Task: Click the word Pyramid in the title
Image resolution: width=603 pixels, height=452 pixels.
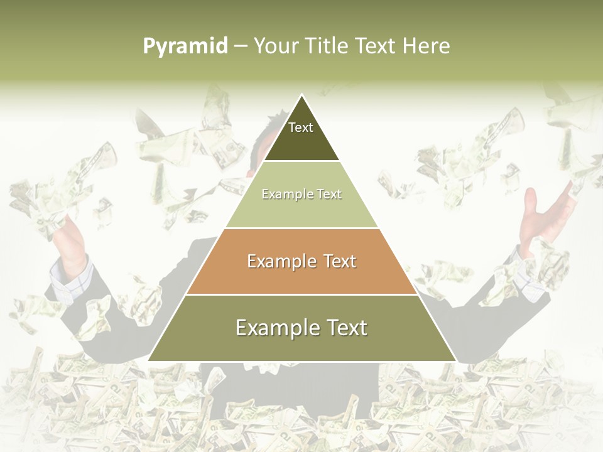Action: (x=185, y=46)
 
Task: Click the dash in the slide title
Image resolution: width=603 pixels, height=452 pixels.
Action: (x=241, y=46)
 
